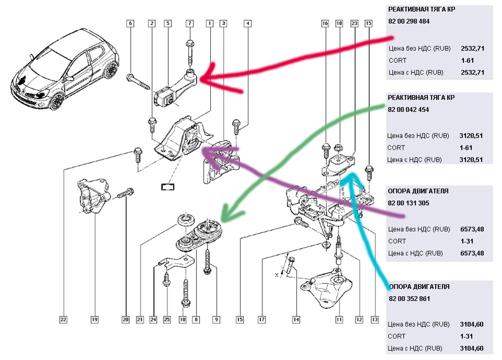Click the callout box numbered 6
point(130,23)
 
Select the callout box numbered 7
point(190,23)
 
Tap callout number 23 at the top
point(354,23)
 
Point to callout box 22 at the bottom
point(63,319)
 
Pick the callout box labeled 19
point(94,319)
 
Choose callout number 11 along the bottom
point(338,319)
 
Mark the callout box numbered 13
point(374,319)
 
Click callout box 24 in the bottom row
point(153,319)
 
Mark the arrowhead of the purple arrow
point(202,152)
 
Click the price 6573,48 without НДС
point(472,229)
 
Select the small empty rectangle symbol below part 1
point(168,186)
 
